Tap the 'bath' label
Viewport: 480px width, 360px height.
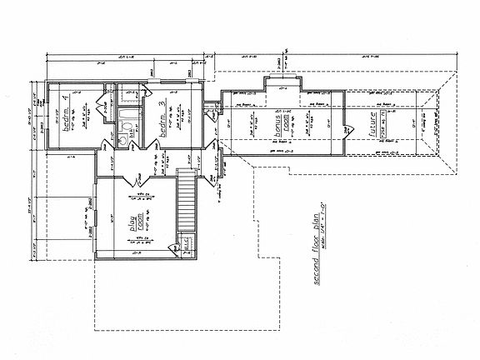[131, 131]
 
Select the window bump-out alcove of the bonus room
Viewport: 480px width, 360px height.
[281, 85]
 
